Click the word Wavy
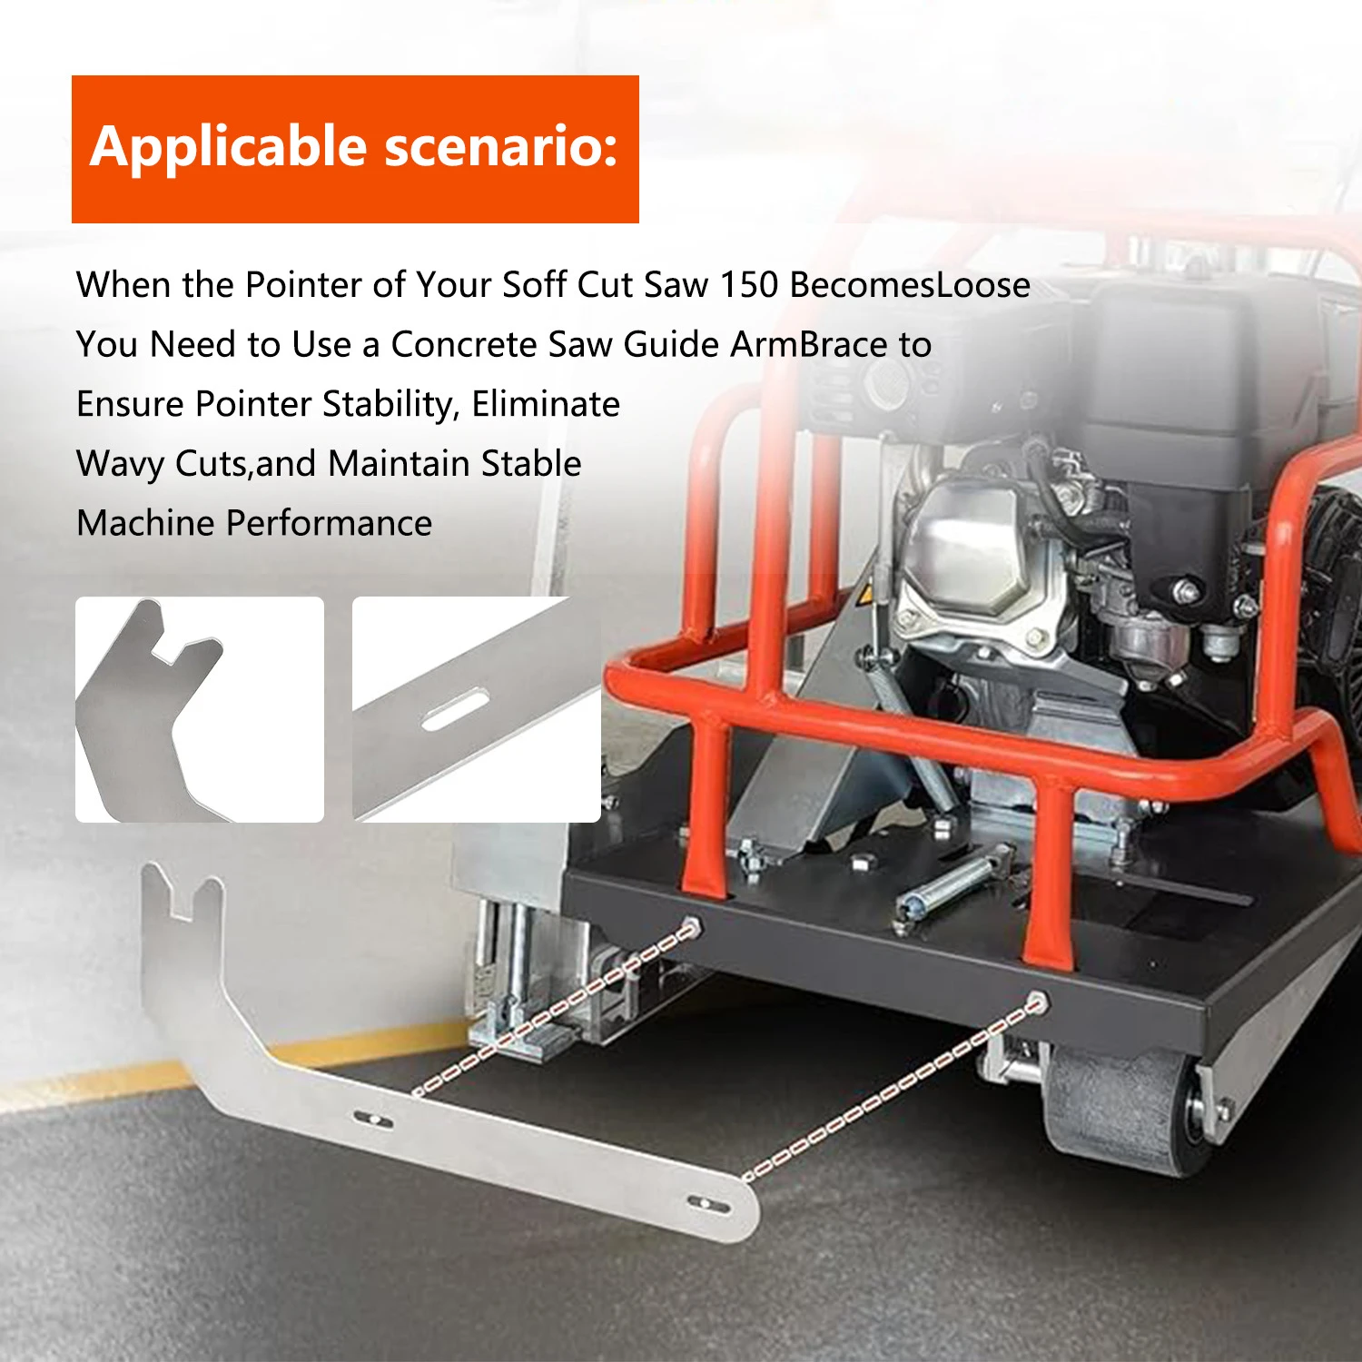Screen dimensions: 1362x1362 click(120, 464)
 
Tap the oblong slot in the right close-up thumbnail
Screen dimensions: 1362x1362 click(455, 709)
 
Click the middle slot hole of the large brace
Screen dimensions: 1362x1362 click(372, 1119)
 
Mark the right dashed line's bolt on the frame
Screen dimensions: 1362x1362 click(1035, 1002)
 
